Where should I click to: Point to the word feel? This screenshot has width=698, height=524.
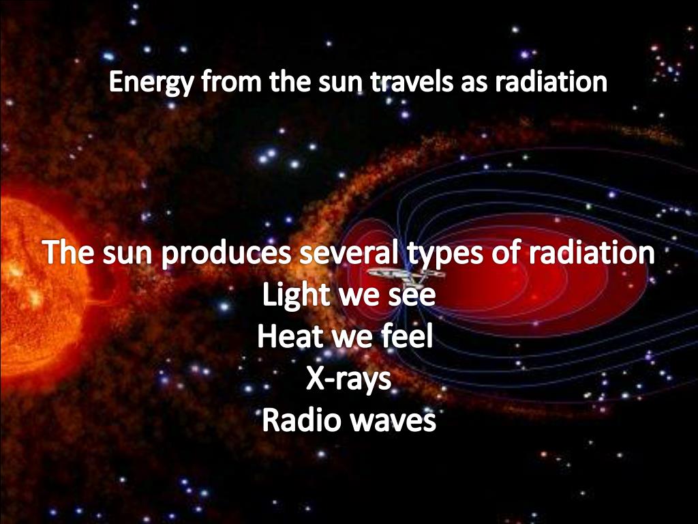tap(406, 337)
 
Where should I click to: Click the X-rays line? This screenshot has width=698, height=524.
tap(348, 379)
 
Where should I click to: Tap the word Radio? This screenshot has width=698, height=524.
tap(301, 420)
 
